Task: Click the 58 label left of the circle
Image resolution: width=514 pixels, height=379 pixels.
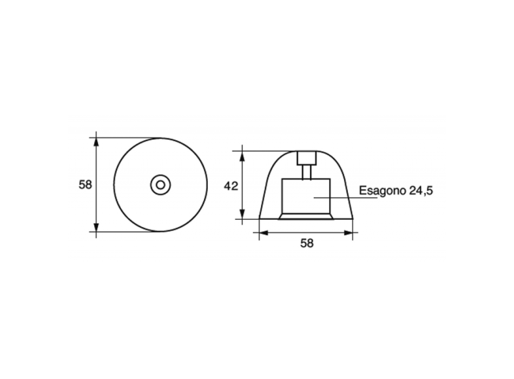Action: point(85,185)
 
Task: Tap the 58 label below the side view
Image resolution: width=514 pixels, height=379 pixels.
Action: point(307,243)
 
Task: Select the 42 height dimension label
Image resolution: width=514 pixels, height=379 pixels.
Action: point(231,186)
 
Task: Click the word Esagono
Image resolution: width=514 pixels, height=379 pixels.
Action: point(382,191)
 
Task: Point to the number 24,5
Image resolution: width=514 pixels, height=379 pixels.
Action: point(421,191)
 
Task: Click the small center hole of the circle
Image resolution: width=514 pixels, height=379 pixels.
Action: point(160,185)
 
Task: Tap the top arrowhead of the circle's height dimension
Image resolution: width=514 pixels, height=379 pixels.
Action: point(96,142)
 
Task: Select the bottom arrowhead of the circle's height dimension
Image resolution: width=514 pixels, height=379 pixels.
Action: point(96,227)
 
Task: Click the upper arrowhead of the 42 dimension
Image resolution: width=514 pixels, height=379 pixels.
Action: point(242,155)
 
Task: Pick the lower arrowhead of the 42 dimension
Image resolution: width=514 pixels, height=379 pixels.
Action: point(242,214)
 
